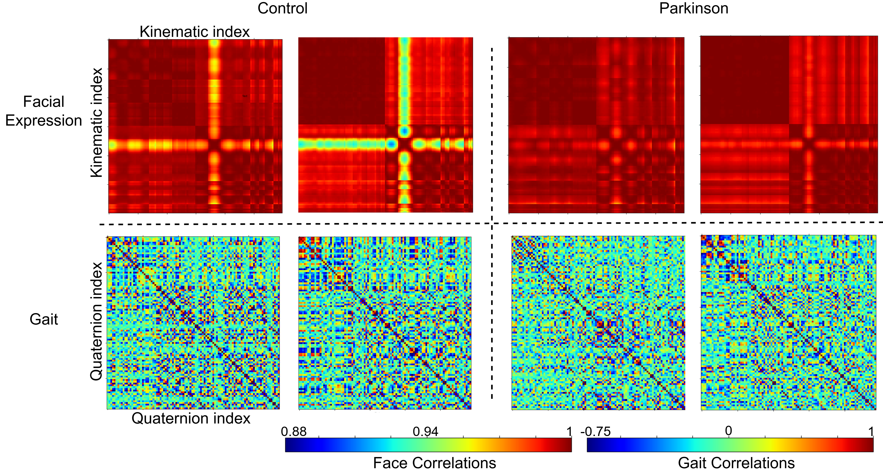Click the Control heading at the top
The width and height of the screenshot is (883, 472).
[283, 8]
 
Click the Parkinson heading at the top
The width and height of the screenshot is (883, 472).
[693, 8]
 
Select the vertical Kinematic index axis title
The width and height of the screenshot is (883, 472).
[97, 122]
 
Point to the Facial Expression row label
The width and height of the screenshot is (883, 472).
[44, 111]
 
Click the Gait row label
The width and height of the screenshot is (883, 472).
[44, 319]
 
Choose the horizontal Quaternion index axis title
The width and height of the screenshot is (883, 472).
[191, 418]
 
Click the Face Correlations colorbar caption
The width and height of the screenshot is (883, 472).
[434, 463]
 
